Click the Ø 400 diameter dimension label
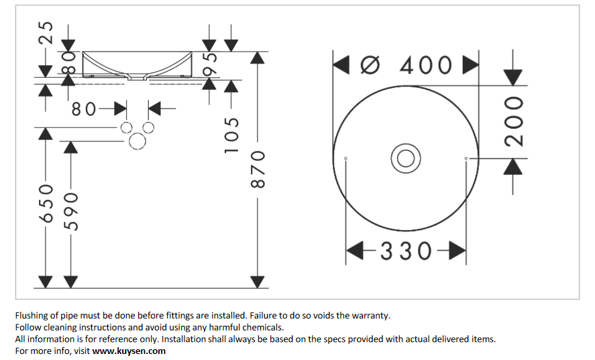[x=407, y=65]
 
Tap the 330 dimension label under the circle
[x=406, y=251]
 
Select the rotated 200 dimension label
[x=514, y=121]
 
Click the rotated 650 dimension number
[x=46, y=205]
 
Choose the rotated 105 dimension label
[x=231, y=134]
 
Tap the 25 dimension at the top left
[x=46, y=32]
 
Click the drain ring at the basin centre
[x=405, y=158]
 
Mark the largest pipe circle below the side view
[x=137, y=141]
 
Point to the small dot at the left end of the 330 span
[x=345, y=158]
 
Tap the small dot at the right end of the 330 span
[x=466, y=158]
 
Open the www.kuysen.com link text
[x=129, y=351]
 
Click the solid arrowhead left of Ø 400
[x=341, y=65]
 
